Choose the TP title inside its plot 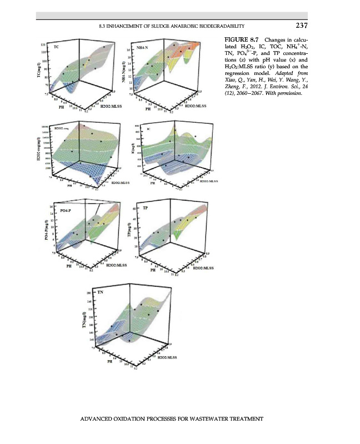click(x=146, y=208)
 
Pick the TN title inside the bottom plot click(x=101, y=290)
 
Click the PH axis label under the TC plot click(x=62, y=109)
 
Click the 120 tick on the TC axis click(x=43, y=44)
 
